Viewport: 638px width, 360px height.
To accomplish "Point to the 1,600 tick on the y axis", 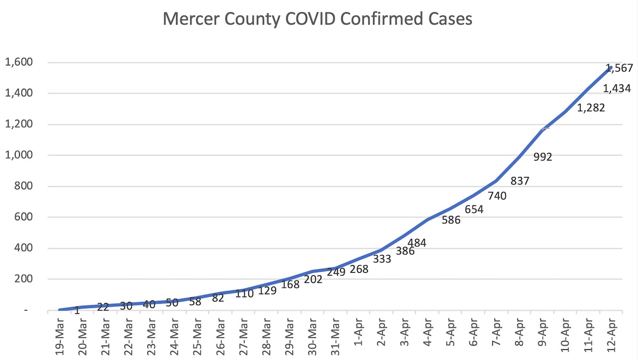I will (19, 63).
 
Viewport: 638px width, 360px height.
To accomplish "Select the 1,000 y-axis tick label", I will (19, 155).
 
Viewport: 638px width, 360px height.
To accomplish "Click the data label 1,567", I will (621, 68).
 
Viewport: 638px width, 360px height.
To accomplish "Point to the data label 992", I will (543, 157).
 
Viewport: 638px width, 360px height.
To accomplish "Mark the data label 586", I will (451, 220).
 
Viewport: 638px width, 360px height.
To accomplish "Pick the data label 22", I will (104, 307).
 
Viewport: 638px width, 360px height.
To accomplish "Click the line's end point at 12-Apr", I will (611, 68).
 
